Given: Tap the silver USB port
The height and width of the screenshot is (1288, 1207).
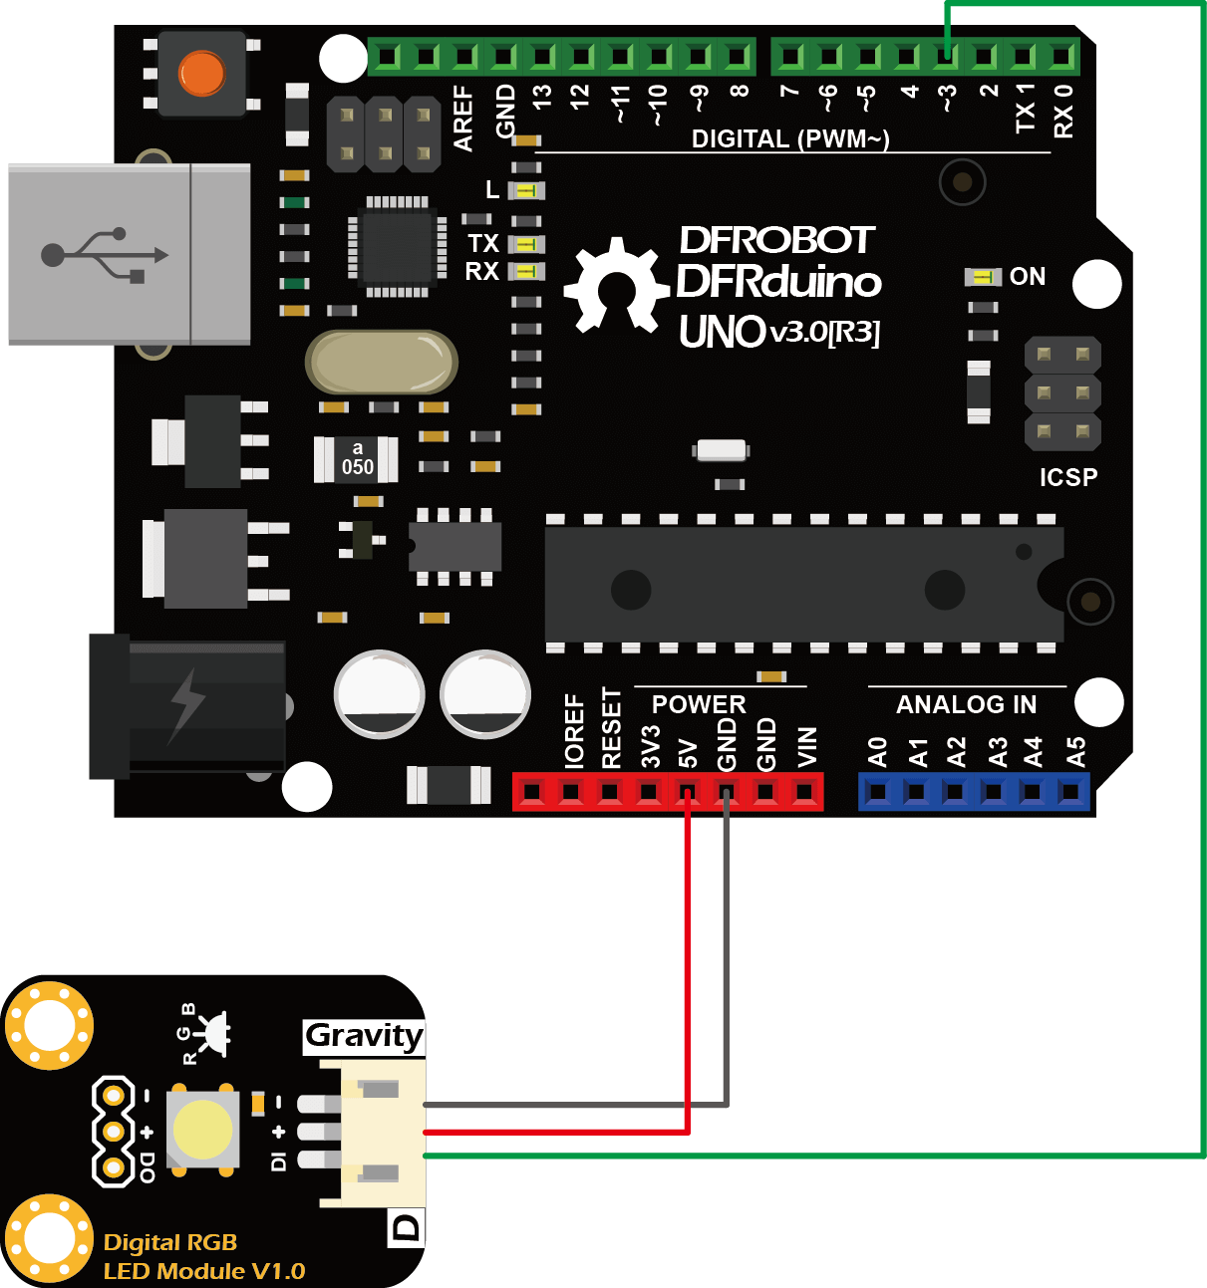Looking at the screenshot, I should pyautogui.click(x=130, y=254).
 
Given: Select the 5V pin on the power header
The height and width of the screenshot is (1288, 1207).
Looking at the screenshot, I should pyautogui.click(x=687, y=793).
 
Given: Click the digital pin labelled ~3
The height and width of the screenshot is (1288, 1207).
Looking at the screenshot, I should pyautogui.click(x=946, y=56).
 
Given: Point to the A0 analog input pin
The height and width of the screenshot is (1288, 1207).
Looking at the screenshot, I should pyautogui.click(x=877, y=793).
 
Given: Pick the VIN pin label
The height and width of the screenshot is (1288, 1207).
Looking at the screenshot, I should pyautogui.click(x=807, y=747).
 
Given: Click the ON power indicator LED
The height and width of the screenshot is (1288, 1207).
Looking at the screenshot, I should pyautogui.click(x=985, y=277).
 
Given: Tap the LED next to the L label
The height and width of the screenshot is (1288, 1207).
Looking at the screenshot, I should pyautogui.click(x=527, y=190).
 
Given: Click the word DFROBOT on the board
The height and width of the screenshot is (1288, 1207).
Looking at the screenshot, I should pyautogui.click(x=776, y=240).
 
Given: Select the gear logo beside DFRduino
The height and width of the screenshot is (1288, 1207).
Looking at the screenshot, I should pyautogui.click(x=616, y=285).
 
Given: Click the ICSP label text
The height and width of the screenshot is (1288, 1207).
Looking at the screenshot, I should pyautogui.click(x=1068, y=478).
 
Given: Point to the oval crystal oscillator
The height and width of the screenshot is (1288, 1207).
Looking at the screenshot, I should pyautogui.click(x=382, y=363).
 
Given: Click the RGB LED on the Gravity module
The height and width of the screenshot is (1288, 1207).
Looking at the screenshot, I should pyautogui.click(x=203, y=1131).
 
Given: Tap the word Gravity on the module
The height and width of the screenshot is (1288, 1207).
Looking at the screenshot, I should pyautogui.click(x=364, y=1036).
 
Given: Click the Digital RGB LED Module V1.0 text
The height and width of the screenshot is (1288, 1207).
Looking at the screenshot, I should pyautogui.click(x=203, y=1257).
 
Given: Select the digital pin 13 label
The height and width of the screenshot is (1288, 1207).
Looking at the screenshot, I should pyautogui.click(x=541, y=98).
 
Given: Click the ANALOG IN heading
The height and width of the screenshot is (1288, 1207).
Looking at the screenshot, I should pyautogui.click(x=966, y=705).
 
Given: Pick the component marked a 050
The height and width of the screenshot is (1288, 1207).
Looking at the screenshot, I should pyautogui.click(x=357, y=459).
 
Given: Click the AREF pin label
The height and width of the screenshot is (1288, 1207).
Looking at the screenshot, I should pyautogui.click(x=463, y=118).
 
